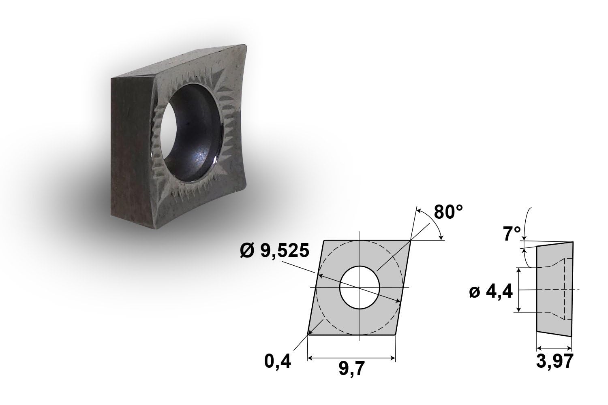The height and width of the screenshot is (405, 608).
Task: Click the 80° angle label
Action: pos(448,212)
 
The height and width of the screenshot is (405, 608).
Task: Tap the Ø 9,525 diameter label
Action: pos(274,250)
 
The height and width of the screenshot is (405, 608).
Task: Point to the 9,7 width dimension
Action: pos(351,369)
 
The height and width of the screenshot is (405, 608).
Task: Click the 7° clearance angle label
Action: pos(512,234)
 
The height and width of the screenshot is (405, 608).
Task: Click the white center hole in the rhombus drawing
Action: pos(360,288)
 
